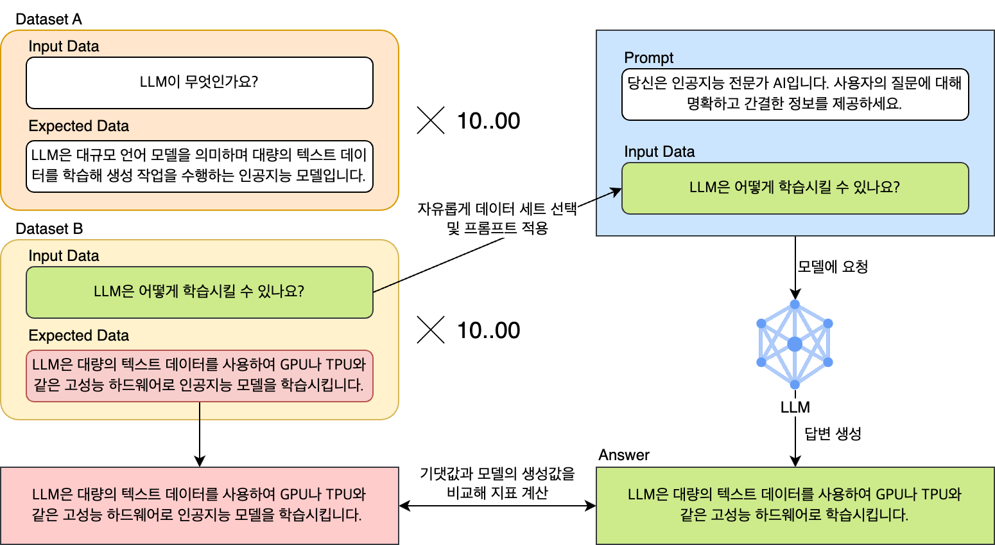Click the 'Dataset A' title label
click(48, 19)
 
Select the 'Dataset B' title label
click(49, 229)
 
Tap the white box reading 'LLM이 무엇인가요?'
click(200, 83)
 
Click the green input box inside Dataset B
click(200, 292)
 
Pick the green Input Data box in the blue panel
click(795, 188)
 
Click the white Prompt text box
click(795, 94)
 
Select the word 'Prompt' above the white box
click(648, 58)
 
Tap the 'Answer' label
click(624, 454)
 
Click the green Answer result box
click(795, 505)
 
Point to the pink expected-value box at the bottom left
click(200, 505)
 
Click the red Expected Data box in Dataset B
click(200, 376)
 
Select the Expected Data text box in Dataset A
click(200, 166)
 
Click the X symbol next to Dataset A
click(431, 120)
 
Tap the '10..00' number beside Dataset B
click(489, 330)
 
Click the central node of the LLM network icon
click(795, 344)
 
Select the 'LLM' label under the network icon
click(795, 407)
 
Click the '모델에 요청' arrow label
click(833, 267)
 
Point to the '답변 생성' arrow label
click(833, 433)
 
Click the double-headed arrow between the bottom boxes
click(497, 506)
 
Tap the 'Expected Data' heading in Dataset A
click(78, 126)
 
